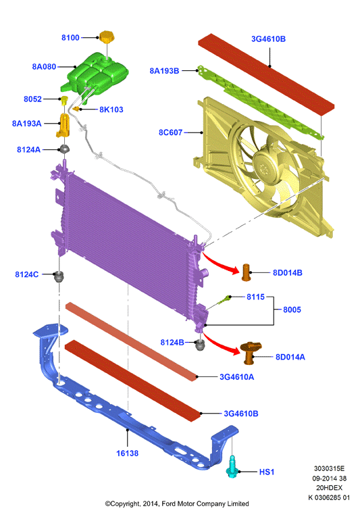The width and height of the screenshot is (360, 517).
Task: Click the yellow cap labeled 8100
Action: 107,37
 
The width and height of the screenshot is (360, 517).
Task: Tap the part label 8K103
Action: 111,109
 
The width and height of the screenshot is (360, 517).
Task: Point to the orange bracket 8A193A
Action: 64,125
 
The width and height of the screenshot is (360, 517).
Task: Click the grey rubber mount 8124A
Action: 64,149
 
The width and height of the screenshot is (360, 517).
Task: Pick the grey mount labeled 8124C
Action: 59,276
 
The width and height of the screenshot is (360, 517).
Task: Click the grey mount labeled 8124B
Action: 200,345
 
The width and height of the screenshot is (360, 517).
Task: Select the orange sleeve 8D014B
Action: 247,272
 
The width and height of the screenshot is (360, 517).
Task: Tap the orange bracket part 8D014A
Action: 251,353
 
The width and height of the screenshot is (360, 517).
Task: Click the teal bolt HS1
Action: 232,466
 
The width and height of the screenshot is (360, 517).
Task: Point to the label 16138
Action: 127,453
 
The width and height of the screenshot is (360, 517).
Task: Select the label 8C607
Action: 170,132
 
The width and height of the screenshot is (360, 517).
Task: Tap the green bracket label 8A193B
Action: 164,71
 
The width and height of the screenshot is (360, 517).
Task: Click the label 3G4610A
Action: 236,377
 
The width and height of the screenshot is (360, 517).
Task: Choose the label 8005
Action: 292,310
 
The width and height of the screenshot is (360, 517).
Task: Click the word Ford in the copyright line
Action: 168,503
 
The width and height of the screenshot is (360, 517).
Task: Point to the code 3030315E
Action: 329,468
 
